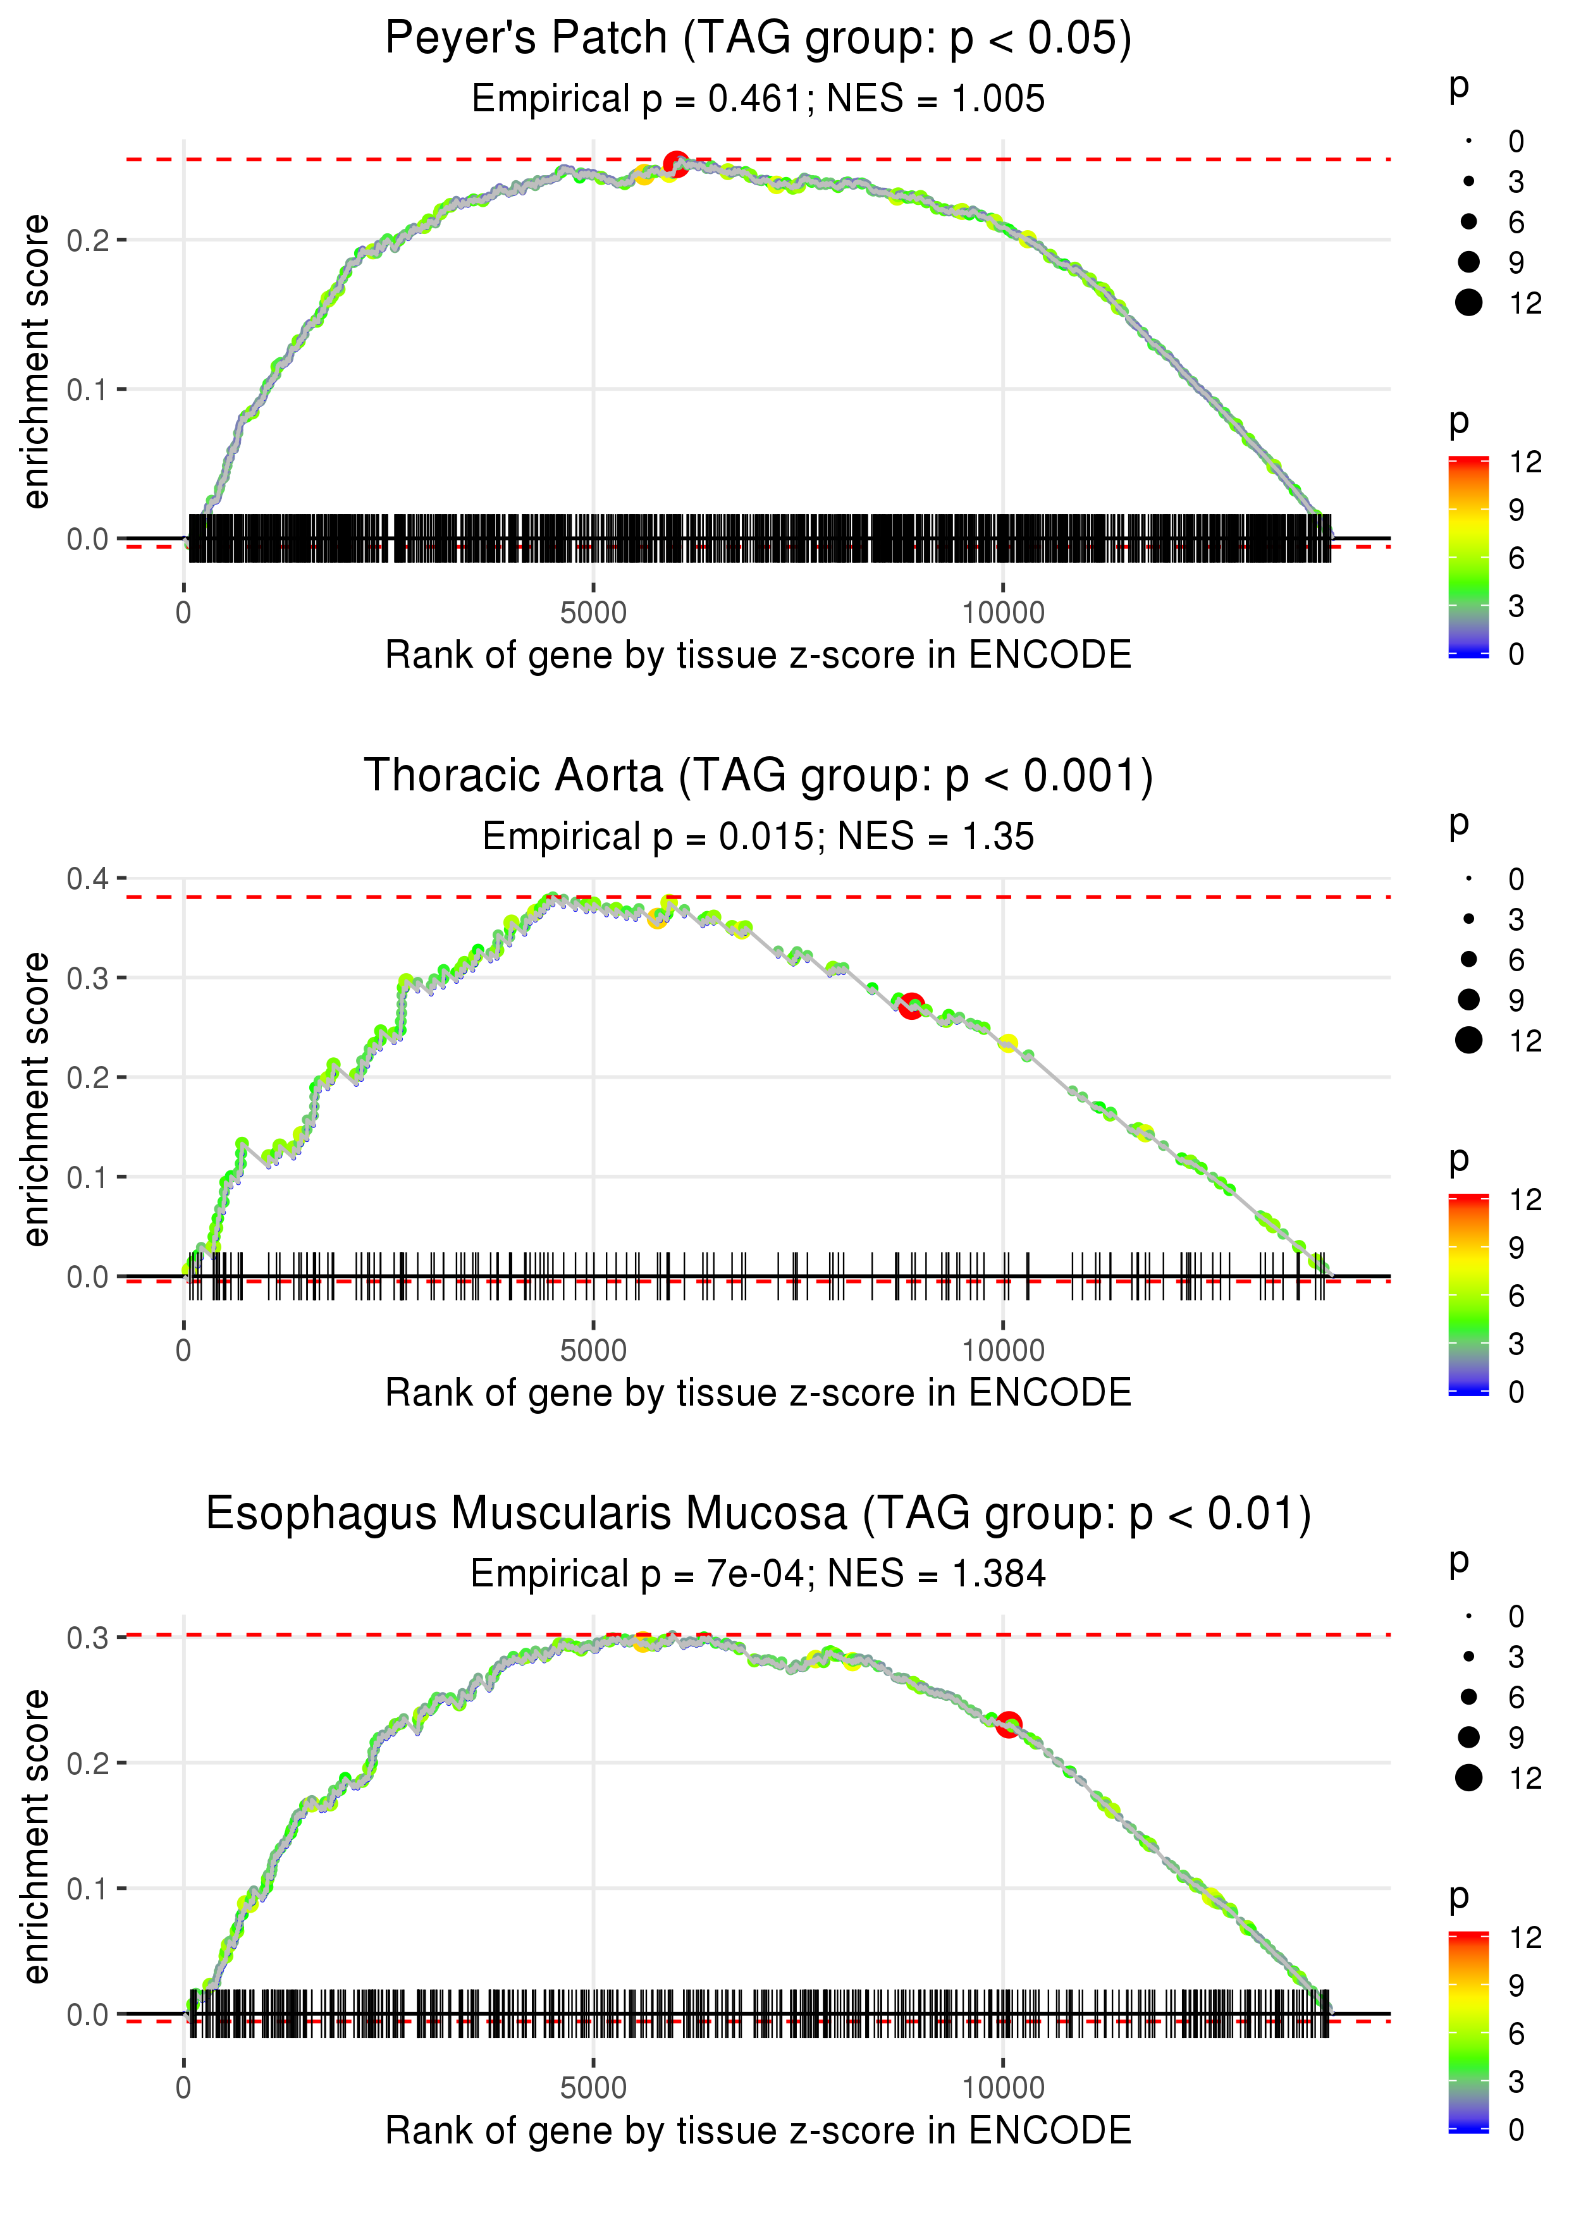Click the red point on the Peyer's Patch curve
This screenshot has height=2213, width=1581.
pos(675,164)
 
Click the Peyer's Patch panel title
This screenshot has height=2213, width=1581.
pos(758,39)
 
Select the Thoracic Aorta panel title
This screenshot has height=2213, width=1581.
pos(758,776)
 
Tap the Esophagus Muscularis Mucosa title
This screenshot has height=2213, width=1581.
pos(758,1514)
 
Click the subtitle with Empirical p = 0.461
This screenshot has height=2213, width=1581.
pos(758,99)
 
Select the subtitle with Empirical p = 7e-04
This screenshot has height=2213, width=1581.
pos(758,1574)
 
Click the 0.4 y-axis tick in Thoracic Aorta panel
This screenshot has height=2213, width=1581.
pos(88,879)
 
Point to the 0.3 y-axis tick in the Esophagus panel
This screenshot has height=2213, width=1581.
pos(88,1638)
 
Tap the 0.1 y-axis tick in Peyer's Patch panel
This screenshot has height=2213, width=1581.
pos(88,389)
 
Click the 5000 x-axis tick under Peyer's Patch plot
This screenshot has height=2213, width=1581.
pos(593,613)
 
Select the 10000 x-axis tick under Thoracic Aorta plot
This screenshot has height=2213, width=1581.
pos(1003,1351)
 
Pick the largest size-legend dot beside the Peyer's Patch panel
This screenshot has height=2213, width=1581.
pos(1468,303)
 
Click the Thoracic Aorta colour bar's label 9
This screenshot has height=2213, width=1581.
pos(1516,1247)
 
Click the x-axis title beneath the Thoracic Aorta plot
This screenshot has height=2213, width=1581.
pos(758,1393)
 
